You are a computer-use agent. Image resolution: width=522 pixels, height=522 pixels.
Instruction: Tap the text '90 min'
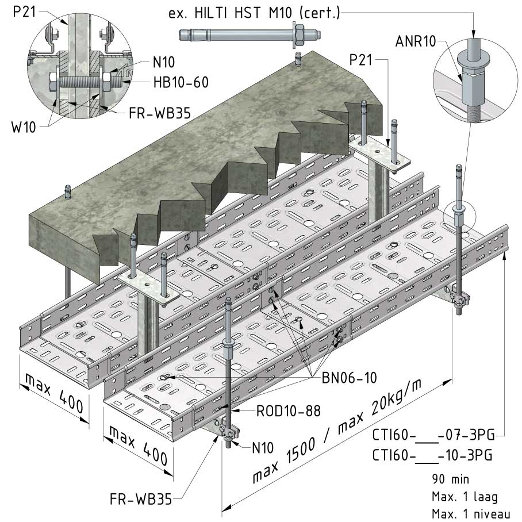[x=450, y=478]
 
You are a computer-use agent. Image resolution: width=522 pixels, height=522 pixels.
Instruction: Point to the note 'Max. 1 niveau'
[x=469, y=513]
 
